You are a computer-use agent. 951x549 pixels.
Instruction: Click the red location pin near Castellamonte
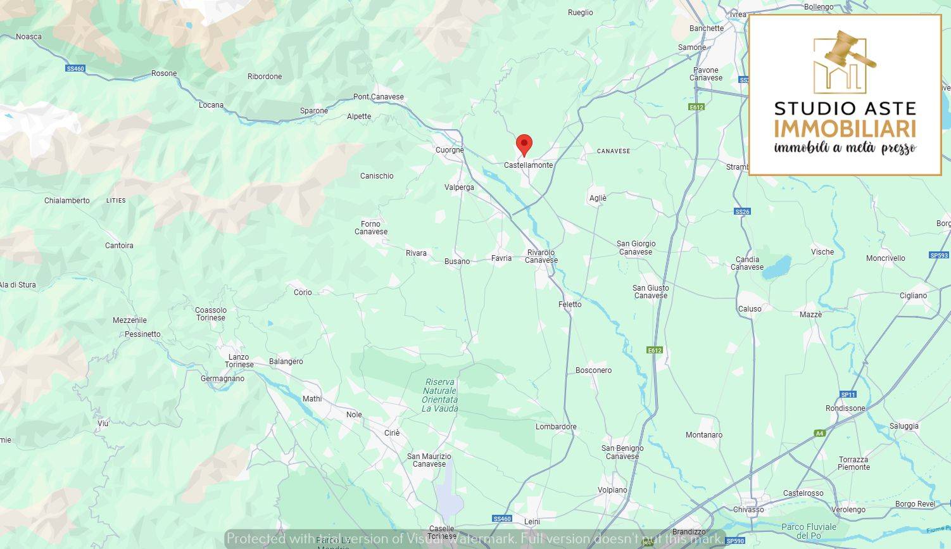[524, 144]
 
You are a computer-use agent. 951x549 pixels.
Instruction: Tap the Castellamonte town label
[528, 165]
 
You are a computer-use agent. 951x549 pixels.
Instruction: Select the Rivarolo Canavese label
[541, 256]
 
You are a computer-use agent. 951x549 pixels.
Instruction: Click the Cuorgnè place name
[450, 150]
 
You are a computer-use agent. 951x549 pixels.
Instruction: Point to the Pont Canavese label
[378, 97]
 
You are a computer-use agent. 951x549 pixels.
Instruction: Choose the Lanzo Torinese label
[239, 361]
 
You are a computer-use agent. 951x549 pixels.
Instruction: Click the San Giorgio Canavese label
[636, 248]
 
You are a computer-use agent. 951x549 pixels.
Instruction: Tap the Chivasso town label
[748, 510]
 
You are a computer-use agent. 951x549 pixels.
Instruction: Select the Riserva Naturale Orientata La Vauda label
[440, 395]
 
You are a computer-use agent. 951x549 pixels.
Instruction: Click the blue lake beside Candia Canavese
[777, 268]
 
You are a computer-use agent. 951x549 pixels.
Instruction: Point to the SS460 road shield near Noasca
[75, 68]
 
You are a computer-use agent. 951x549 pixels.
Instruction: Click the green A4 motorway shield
[820, 433]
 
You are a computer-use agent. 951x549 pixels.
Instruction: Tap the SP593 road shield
[939, 255]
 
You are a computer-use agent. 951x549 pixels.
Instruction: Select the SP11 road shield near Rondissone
[848, 394]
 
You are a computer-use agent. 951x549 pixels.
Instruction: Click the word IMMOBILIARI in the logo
[845, 129]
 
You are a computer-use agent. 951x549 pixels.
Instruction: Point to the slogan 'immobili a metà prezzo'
[845, 148]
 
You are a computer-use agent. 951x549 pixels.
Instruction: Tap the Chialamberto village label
[67, 201]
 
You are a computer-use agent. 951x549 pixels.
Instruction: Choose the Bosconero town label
[593, 370]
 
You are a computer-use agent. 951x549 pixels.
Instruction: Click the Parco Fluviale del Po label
[809, 531]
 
